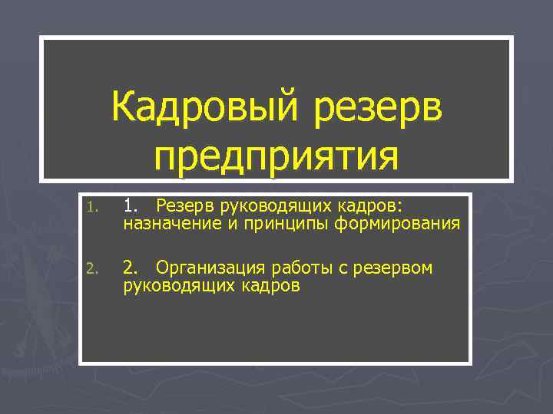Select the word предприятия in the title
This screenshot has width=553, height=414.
point(276,156)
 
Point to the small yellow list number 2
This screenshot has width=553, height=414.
point(91,268)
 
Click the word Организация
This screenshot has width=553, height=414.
point(207,268)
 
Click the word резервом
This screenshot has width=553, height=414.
point(387,268)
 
